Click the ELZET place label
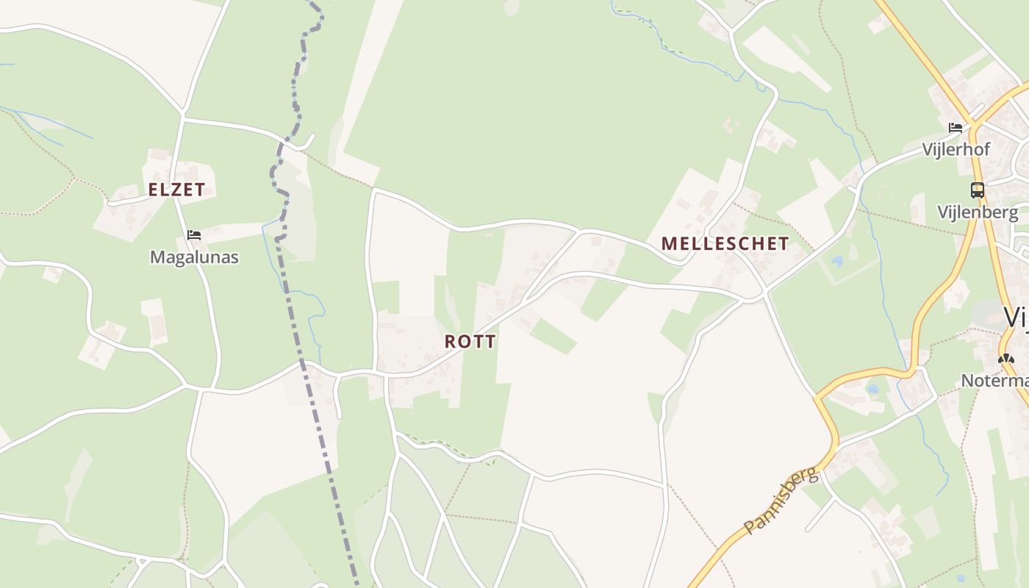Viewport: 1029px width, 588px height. coord(176,190)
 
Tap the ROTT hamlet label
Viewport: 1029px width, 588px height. coord(470,342)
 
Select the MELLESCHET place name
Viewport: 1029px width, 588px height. coord(725,244)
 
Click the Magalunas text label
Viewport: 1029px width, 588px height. coord(194,257)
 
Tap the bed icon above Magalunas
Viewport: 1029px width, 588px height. coord(194,235)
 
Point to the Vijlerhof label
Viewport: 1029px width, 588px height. coord(956,150)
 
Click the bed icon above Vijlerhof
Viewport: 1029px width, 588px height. coord(955,128)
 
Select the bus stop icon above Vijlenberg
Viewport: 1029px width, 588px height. coord(977,190)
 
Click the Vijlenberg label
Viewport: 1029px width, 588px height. coord(978,213)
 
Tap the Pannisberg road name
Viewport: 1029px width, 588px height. coord(781,500)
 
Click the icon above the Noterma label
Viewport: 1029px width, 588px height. coord(1005,359)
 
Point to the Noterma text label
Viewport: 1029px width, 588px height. coord(994,381)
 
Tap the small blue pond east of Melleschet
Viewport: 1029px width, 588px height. coord(837,261)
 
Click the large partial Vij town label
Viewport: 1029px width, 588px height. coord(1016,318)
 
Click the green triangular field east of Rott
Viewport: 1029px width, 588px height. coord(553,336)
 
